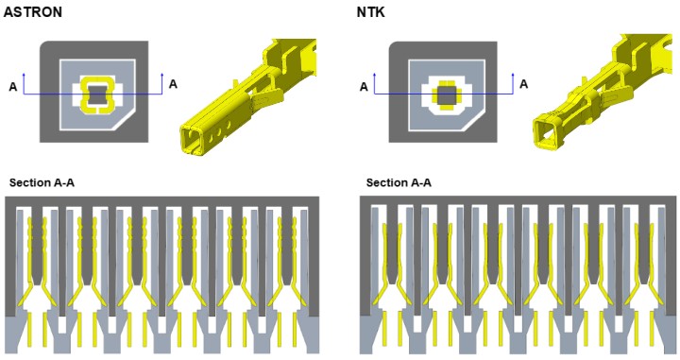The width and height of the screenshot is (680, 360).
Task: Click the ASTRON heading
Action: coord(32,11)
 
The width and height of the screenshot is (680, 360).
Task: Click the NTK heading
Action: coord(370,11)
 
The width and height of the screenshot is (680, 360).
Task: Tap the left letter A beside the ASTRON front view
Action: coord(13,87)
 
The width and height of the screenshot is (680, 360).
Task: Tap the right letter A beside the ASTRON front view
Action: coord(173,84)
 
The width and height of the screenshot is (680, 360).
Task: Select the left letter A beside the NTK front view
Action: coord(364,87)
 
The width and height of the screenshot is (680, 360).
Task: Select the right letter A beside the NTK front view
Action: coord(523,84)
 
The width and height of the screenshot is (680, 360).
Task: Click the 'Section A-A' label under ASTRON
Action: coord(42,182)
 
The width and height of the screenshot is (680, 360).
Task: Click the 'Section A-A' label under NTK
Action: coord(399,182)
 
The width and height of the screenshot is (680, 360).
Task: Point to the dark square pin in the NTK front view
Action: coord(447,95)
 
